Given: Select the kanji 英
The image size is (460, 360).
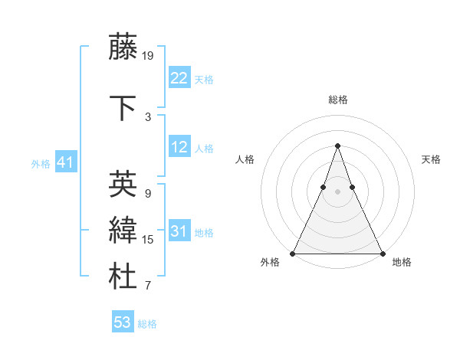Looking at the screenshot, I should coord(123,184).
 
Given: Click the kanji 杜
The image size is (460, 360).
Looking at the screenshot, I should coord(123,277).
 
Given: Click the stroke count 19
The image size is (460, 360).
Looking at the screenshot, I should coord(148,55).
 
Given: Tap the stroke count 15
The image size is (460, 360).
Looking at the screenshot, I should coord(148,240).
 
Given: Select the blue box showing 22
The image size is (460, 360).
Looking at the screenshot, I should coord(179,78).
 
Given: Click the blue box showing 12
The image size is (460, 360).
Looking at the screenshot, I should coord(179,148).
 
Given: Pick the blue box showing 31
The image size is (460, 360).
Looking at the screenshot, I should coord(179,231).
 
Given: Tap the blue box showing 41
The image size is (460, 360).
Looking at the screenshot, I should coord(64,162).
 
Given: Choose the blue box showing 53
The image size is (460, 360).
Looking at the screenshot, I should coord(123,322).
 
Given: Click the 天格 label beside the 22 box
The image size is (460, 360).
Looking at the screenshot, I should coord(204,80).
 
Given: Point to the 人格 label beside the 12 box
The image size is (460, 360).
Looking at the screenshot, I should coord(204,149).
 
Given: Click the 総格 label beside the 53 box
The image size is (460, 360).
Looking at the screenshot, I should coord(147,324).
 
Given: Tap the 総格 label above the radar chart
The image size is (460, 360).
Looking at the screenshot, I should coord(337,100).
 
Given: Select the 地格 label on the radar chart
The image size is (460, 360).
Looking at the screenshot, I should coord(402,262).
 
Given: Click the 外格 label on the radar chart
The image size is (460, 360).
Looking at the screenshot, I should coord(270,262).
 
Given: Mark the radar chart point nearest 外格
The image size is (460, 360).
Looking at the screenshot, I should coord(293,253).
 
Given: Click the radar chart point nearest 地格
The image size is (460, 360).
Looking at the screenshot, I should coord(382,253).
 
